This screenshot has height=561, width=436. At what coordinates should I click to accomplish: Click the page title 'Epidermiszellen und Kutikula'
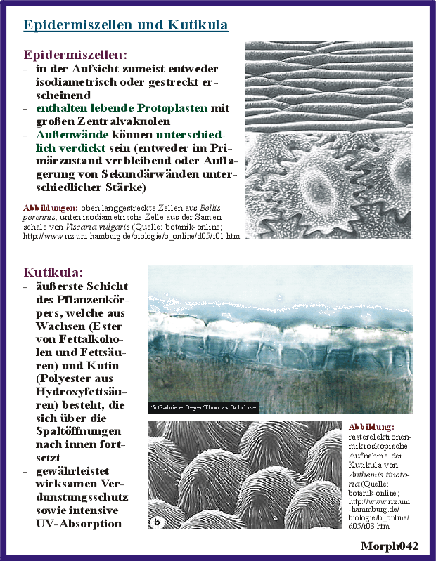125,25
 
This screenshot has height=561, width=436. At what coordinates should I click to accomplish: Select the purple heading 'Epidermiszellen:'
75,54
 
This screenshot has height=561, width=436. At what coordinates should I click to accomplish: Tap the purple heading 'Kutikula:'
53,272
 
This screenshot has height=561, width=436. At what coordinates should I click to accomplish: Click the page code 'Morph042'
390,546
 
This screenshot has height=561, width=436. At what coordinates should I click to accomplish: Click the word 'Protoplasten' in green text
165,108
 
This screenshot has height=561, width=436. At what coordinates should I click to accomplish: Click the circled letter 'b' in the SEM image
157,520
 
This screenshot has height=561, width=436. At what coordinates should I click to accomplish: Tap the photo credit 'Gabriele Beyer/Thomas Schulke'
203,407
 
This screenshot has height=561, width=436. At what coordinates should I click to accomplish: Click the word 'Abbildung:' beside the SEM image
371,426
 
